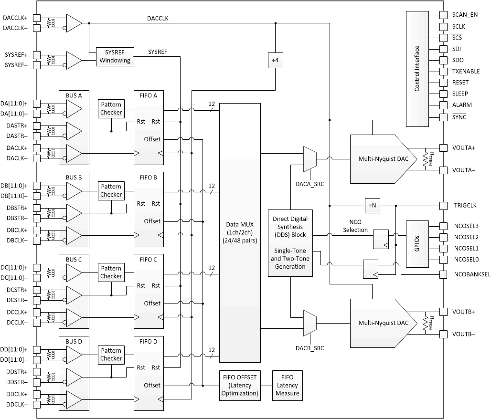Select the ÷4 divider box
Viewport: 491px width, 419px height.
click(276, 61)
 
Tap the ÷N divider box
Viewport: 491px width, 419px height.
click(371, 206)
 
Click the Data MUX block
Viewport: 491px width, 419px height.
click(240, 233)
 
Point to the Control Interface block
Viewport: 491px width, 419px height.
click(417, 69)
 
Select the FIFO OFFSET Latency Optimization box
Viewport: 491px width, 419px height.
click(240, 386)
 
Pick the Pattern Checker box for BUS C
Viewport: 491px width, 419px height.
click(111, 272)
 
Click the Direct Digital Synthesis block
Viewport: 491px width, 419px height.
click(290, 243)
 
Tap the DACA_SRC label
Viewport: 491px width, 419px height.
click(310, 184)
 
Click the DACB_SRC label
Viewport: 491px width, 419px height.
click(310, 348)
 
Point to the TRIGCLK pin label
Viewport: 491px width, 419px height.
click(464, 206)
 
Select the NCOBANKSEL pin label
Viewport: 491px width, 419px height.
click(471, 275)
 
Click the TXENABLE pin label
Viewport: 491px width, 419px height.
click(467, 71)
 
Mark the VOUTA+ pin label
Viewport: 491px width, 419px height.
click(463, 147)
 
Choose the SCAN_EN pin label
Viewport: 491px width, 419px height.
click(465, 15)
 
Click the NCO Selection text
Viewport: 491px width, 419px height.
click(355, 226)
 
